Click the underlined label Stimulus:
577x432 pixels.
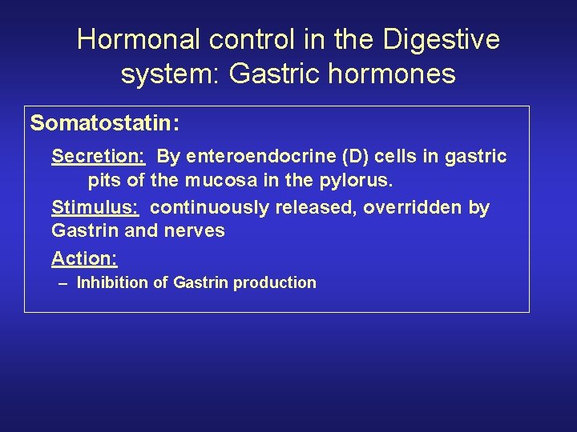pyautogui.click(x=95, y=207)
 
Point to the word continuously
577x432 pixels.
pyautogui.click(x=210, y=207)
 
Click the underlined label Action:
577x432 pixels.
pyautogui.click(x=85, y=258)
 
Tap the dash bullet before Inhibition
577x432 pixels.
pyautogui.click(x=63, y=282)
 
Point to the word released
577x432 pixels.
pyautogui.click(x=316, y=207)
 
